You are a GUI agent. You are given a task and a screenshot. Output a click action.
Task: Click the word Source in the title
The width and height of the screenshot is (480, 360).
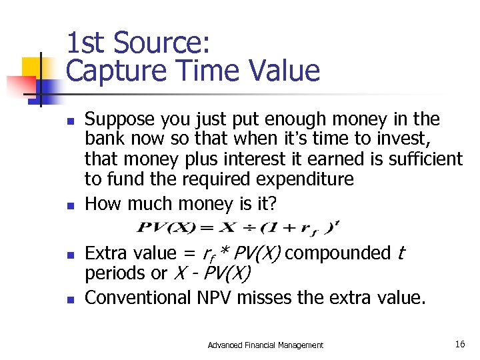[161, 43]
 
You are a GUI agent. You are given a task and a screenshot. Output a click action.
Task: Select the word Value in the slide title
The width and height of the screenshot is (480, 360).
[285, 70]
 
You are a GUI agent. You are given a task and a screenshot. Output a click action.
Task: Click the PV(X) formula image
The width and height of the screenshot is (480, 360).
[238, 227]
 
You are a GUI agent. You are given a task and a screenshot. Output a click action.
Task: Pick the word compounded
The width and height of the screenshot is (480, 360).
[337, 253]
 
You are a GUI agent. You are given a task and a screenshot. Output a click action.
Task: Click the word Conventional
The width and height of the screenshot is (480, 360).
[139, 297]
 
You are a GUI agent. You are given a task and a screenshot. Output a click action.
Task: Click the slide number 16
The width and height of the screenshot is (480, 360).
[460, 344]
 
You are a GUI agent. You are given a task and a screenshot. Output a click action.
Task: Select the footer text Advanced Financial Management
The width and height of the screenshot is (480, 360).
[265, 345]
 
